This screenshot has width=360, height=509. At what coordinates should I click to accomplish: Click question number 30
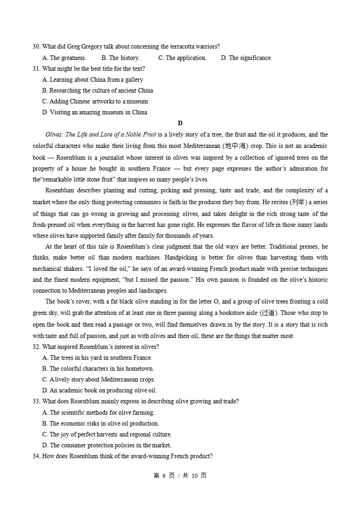coord(36,47)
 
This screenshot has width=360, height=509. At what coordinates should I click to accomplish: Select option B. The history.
coord(120,58)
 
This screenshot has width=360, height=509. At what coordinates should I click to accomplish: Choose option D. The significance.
coord(246,58)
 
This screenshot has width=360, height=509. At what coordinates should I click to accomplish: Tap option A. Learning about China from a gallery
coord(93,79)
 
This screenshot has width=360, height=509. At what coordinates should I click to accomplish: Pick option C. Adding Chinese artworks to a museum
coord(95,101)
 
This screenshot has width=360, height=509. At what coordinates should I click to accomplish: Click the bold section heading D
coord(180,123)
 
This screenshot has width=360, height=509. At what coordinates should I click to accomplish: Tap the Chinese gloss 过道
coord(268,313)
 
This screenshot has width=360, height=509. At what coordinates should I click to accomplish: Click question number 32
coord(36,347)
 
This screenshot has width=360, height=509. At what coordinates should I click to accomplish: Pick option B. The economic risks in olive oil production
coord(100,423)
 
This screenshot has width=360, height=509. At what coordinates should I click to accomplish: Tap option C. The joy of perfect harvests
coord(107,434)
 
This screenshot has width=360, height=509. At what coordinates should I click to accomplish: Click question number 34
coord(36,456)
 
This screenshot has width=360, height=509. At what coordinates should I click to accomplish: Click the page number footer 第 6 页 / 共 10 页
coord(180,475)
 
